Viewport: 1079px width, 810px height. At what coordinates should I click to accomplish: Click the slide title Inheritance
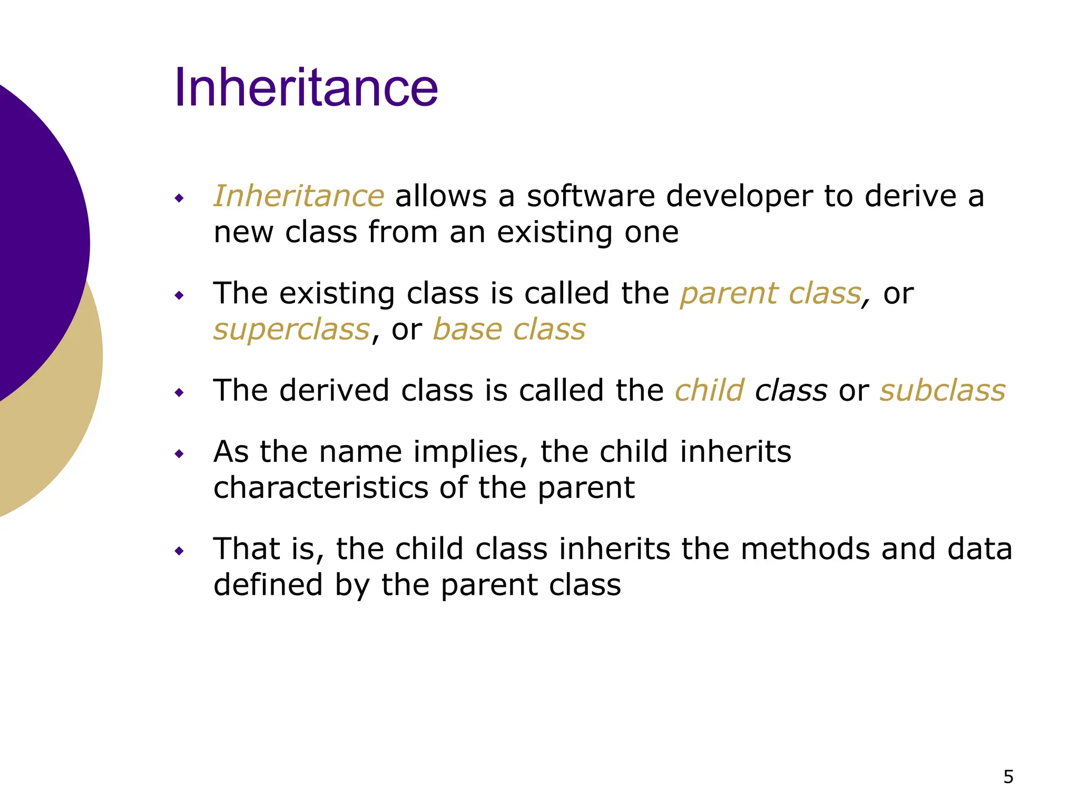coord(306,88)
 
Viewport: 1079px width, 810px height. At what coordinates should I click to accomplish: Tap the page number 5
coord(1008,777)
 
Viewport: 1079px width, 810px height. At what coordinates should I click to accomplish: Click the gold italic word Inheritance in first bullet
coord(299,196)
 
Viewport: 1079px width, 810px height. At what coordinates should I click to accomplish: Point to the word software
coord(591,196)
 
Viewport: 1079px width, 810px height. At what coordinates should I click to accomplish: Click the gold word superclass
coord(291,330)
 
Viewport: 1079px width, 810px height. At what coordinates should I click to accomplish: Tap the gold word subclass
coord(943,391)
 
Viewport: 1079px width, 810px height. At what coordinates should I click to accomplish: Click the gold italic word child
coord(710,391)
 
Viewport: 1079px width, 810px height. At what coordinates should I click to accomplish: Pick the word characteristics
coord(321,487)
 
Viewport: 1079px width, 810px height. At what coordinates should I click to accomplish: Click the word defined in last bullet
coord(268,585)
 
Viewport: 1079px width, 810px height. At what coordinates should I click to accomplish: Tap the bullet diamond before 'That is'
coord(180,552)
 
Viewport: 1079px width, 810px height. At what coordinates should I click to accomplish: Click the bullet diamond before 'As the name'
coord(180,454)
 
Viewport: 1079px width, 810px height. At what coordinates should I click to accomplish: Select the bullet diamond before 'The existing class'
coord(180,295)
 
